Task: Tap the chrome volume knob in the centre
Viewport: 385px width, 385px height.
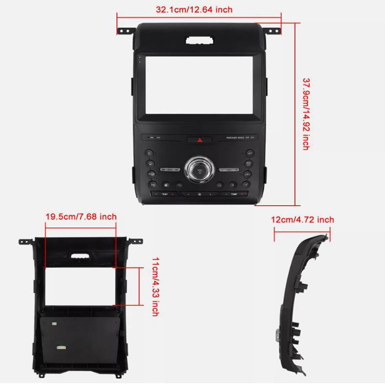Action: coord(199,168)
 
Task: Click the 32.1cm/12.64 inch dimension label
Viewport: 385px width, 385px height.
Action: coord(194,9)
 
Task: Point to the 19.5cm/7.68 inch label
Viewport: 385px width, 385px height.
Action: coord(81,217)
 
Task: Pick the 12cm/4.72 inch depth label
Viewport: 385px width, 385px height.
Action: coord(302,220)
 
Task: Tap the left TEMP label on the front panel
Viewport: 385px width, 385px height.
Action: coord(165,194)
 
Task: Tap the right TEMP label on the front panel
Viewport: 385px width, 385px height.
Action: coord(234,194)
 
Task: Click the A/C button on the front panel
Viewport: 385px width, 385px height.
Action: coord(250,153)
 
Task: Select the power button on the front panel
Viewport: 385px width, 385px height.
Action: coord(149,153)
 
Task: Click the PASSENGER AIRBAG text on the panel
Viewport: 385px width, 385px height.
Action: coord(235,138)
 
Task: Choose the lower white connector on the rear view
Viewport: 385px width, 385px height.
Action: coord(61,346)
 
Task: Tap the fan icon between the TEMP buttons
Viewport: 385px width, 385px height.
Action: coord(200,194)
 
